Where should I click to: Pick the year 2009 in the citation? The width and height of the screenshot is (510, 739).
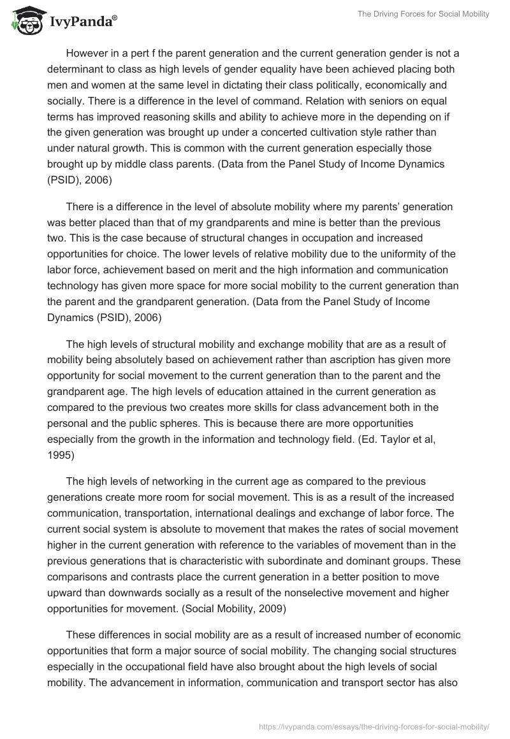[x=271, y=608]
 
